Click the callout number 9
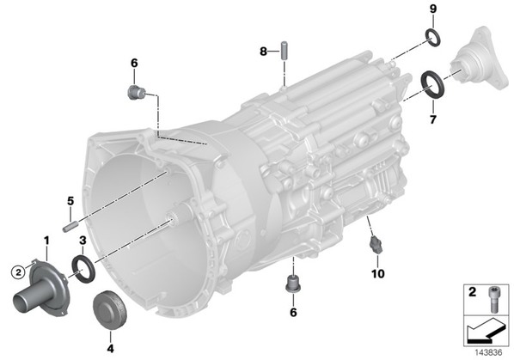(x=433, y=9)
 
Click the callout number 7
(x=433, y=119)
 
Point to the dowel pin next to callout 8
(x=285, y=50)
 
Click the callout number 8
(x=264, y=51)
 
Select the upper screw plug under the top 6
(x=136, y=93)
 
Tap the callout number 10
(x=377, y=273)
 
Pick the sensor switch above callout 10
(x=375, y=245)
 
